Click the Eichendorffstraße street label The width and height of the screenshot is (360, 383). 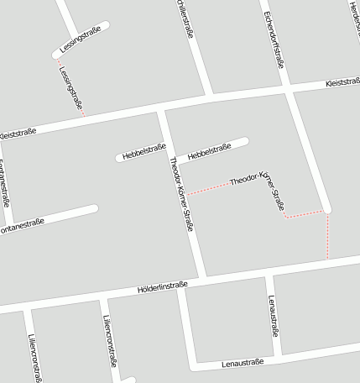click(x=274, y=39)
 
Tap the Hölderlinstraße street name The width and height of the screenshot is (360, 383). click(x=161, y=288)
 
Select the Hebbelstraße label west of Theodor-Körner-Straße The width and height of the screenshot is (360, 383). click(x=143, y=152)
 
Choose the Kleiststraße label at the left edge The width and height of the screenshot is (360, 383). click(x=17, y=132)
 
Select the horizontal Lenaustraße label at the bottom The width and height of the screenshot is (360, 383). click(x=243, y=363)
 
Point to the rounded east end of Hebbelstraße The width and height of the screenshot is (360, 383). click(x=244, y=140)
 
